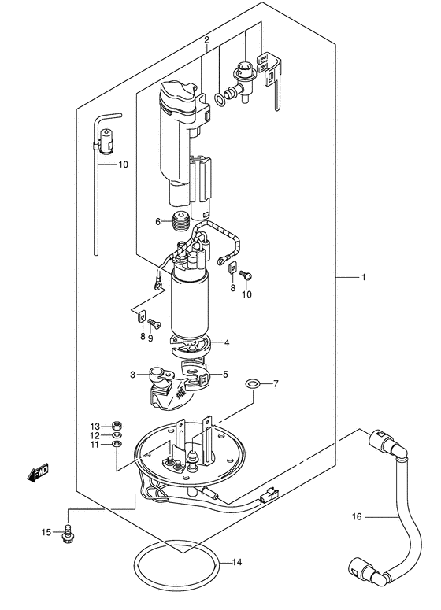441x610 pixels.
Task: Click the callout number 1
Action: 364,277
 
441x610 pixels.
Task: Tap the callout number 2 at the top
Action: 206,39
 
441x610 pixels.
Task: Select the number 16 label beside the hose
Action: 357,516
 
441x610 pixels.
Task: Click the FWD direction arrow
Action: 37,473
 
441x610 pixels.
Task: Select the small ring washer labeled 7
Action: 251,383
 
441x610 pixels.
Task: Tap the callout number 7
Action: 276,384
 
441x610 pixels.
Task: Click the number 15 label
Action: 46,534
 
